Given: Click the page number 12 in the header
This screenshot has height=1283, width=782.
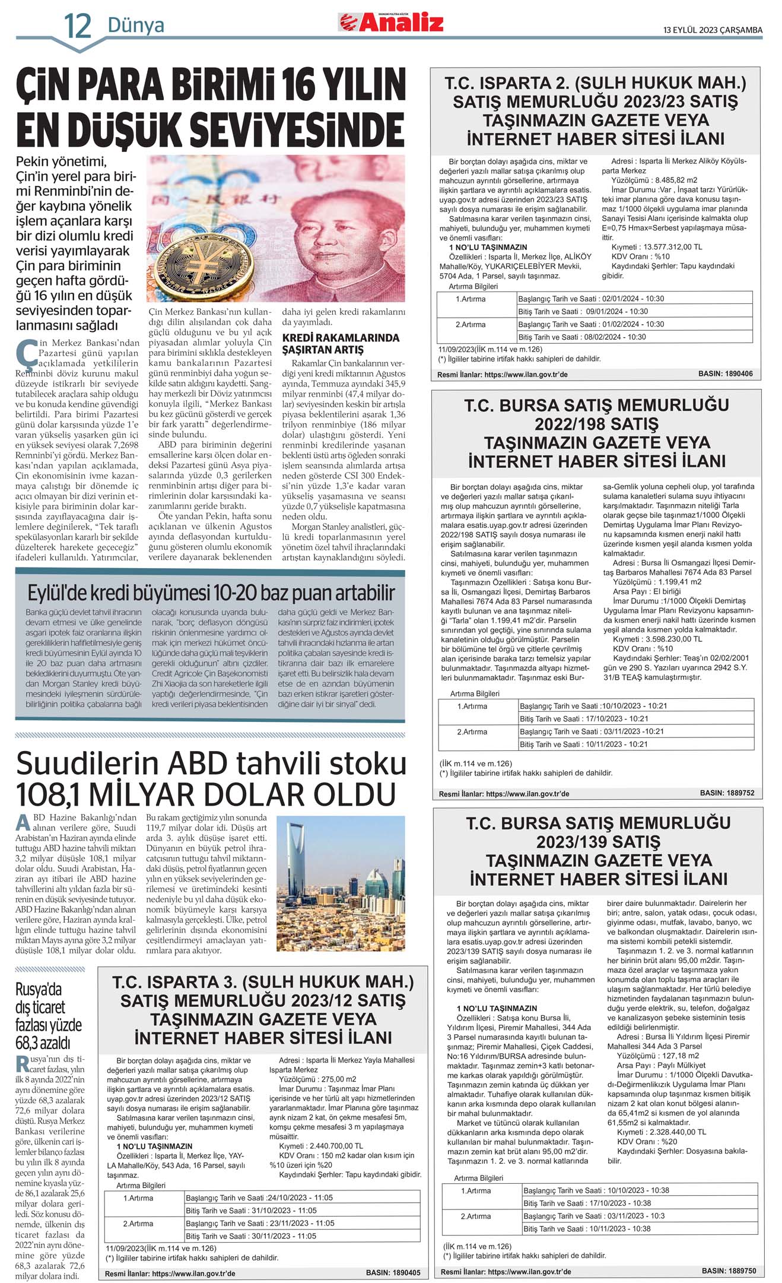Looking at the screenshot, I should pos(78,25).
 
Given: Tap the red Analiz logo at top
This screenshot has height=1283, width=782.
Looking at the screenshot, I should pos(392,23).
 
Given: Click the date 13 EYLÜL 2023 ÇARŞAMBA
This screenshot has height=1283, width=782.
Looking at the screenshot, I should pos(713,30).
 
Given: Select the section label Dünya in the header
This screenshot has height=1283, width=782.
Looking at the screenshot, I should pos(136,26).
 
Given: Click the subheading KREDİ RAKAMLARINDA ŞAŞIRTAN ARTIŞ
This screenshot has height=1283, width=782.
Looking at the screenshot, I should pos(341,344).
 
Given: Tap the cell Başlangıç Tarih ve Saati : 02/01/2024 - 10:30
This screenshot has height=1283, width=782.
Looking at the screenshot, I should pos(591,299).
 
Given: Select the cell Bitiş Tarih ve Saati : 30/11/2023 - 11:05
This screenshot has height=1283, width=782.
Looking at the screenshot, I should pos(251,1236).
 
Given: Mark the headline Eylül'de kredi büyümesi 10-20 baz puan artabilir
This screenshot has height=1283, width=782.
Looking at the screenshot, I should pos(211,593).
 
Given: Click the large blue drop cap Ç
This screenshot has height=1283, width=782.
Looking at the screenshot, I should pos(26,353).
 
